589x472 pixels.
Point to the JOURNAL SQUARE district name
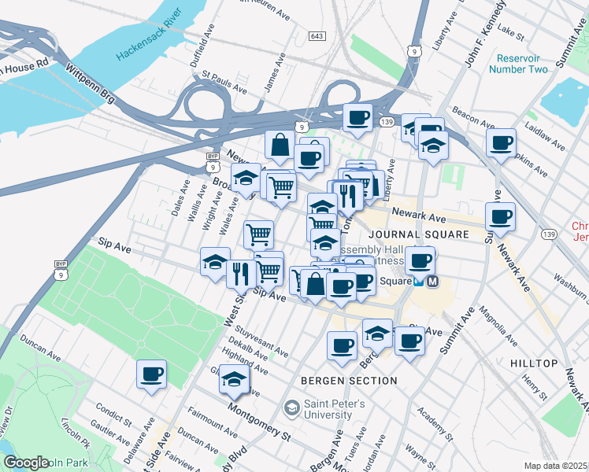point(417,234)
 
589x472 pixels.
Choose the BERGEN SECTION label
point(349,381)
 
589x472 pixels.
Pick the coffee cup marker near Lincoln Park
point(152,374)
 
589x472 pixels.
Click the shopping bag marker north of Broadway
point(280,145)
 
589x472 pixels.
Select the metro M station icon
point(432,281)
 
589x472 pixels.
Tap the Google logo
point(26,463)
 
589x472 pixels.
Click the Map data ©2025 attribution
point(556,466)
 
